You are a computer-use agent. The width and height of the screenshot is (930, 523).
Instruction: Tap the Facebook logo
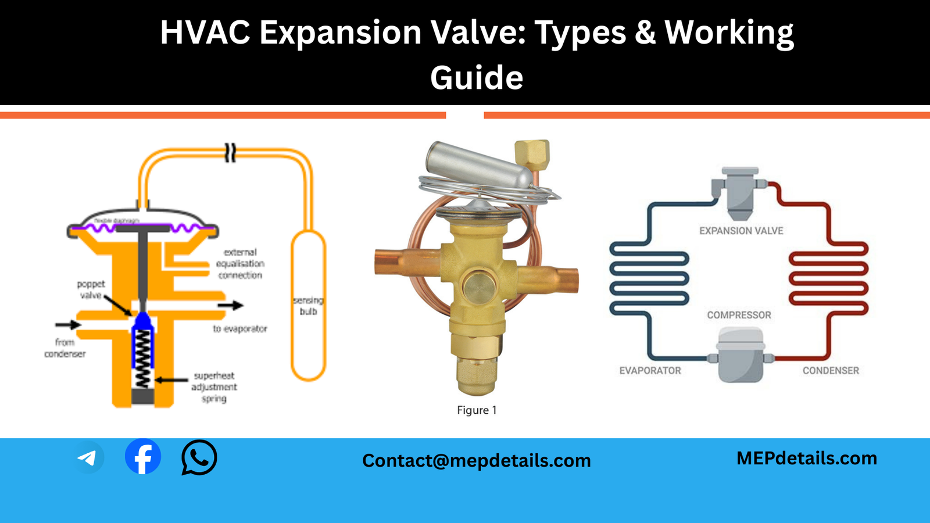click(x=143, y=457)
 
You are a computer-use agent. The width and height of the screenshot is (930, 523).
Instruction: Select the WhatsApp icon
click(x=199, y=457)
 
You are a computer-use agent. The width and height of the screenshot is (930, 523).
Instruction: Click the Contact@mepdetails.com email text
click(x=476, y=460)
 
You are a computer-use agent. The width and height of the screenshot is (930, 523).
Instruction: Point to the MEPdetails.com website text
click(x=806, y=458)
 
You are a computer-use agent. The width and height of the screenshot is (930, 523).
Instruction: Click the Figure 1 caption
click(x=476, y=410)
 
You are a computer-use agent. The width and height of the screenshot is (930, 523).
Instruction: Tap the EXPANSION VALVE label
click(x=741, y=231)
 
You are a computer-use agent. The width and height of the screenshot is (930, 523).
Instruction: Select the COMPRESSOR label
click(x=739, y=315)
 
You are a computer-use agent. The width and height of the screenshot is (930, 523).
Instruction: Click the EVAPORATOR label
click(x=650, y=371)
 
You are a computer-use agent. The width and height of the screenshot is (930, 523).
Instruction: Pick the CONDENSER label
click(x=831, y=371)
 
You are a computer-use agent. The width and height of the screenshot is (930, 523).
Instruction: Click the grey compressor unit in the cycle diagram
click(x=740, y=356)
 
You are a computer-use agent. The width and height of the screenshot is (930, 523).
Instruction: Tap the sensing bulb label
click(x=309, y=306)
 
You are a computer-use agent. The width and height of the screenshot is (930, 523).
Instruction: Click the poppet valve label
click(x=91, y=289)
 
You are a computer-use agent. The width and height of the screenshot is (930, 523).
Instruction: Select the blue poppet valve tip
click(x=143, y=320)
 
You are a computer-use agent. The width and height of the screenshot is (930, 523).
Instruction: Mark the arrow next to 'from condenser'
click(x=68, y=324)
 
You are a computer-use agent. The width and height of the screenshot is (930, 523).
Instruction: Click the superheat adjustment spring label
click(x=214, y=387)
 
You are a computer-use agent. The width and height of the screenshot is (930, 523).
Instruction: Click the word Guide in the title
click(x=476, y=78)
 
